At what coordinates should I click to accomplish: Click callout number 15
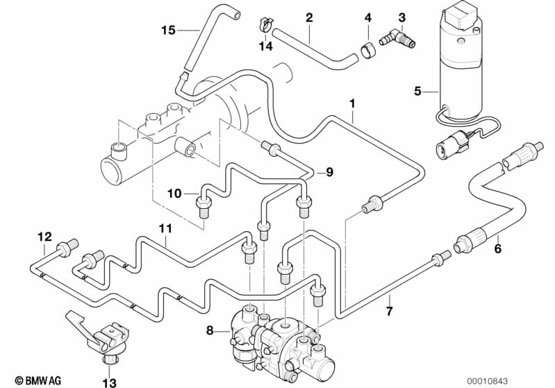[x=168, y=30]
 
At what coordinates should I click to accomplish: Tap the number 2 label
[x=309, y=17]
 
